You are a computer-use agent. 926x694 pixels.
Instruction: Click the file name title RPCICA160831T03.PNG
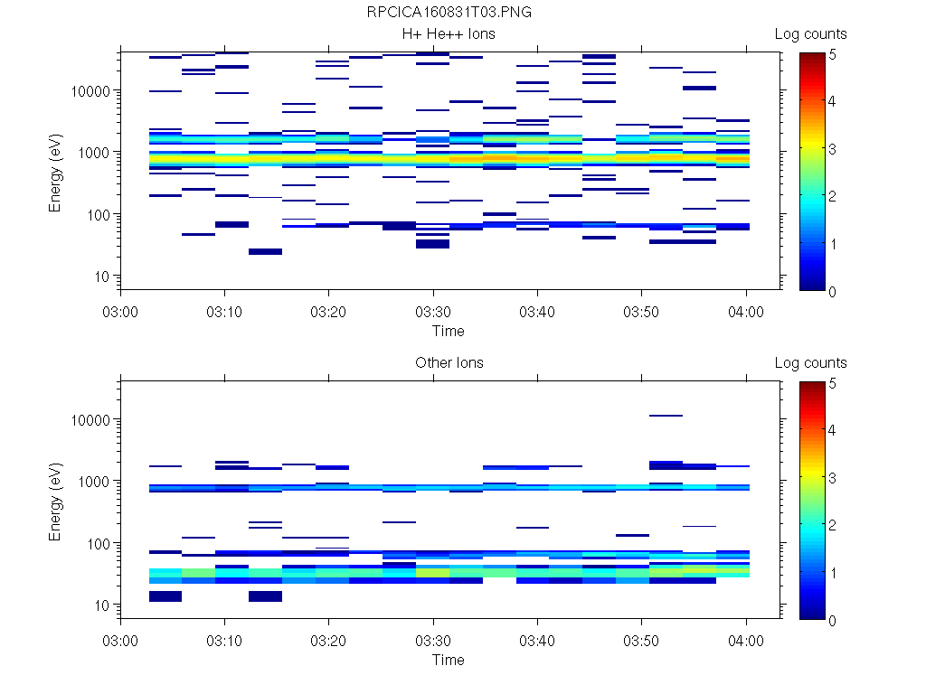pos(449,13)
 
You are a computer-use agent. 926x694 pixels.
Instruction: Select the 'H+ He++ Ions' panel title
pos(449,34)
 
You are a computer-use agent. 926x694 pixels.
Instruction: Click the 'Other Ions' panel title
pos(449,363)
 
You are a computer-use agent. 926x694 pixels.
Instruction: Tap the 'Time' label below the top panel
pos(448,331)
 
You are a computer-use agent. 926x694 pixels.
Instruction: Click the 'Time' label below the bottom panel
pos(448,660)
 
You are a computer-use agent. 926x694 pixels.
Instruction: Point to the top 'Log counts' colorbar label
pos(810,34)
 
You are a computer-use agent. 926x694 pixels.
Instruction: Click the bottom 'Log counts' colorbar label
pos(810,363)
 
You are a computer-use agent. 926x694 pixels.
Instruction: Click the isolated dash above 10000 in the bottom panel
pos(666,416)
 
